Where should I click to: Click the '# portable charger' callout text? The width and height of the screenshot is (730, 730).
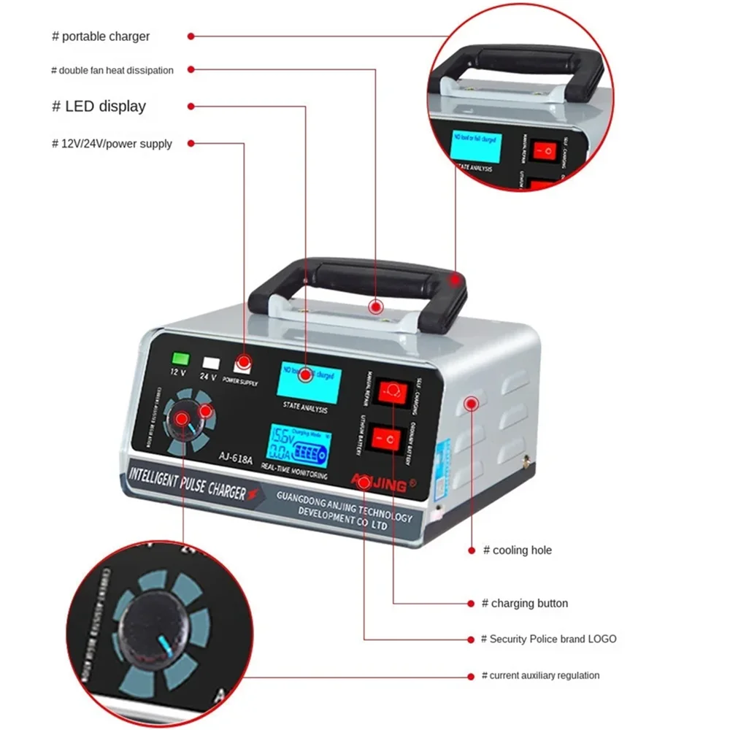pos(101,36)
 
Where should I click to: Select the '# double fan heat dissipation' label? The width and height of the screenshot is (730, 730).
pos(112,70)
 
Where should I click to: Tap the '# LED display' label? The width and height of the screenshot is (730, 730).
pos(99,107)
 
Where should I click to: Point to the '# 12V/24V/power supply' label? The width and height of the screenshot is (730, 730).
pos(112,144)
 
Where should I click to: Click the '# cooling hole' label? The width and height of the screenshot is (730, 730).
pos(518,550)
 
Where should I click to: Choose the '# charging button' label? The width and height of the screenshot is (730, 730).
pos(524,604)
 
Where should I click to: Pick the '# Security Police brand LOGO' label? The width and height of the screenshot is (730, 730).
pos(548,639)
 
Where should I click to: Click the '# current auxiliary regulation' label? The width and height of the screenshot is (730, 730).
pos(541,676)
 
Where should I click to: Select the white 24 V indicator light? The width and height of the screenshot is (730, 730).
pos(212,362)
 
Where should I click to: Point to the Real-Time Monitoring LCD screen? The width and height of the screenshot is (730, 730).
pos(296,446)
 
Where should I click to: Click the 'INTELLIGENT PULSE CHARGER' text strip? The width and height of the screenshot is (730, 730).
pos(188,483)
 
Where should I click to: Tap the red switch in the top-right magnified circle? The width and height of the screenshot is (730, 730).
pos(545,151)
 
